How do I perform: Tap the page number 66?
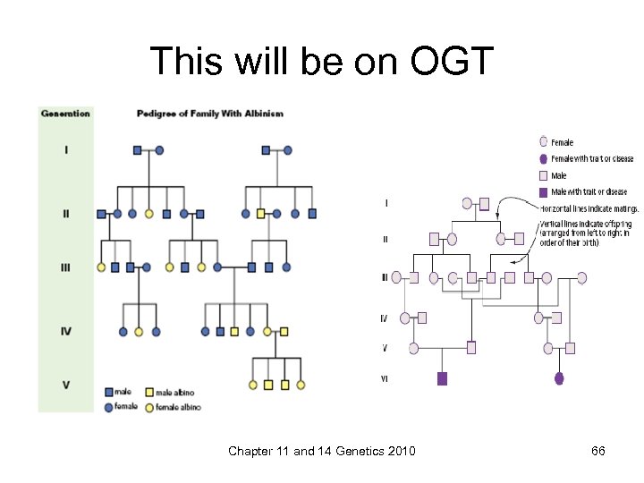598,451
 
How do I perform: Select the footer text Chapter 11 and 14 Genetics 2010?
321,451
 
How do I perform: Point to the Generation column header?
65,114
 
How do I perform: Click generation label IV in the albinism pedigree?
65,331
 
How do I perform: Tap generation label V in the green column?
65,385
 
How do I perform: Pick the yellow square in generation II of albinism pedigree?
260,214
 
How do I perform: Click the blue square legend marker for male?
108,392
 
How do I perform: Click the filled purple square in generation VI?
442,378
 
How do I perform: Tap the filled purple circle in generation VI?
560,378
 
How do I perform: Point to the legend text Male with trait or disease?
589,191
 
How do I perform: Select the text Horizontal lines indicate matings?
589,208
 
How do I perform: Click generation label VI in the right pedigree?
385,378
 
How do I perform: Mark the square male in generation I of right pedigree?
484,204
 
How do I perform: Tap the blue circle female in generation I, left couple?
159,150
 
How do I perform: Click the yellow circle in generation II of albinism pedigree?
149,214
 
